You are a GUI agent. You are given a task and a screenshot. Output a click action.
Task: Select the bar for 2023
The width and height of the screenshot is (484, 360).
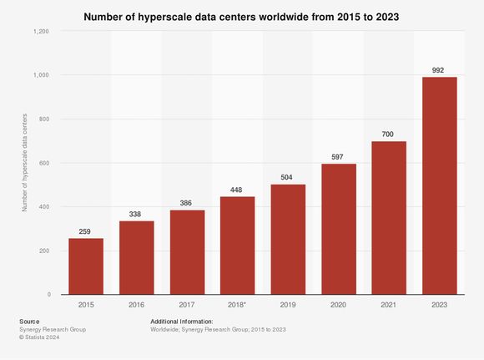point(439,185)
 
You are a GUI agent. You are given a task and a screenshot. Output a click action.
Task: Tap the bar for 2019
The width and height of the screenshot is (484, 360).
point(288,239)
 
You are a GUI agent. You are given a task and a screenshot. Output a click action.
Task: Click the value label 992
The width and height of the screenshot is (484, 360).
point(439,69)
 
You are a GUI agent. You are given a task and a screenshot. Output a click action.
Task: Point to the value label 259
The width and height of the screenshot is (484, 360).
point(86,231)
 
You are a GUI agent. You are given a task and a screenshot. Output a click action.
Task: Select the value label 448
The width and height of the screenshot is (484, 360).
point(238,189)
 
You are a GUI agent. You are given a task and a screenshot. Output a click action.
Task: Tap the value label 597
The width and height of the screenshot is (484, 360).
point(338,156)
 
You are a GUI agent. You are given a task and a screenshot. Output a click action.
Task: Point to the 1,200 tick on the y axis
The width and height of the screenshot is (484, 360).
point(41,31)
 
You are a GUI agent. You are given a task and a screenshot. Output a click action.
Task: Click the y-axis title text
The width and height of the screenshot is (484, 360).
point(23,163)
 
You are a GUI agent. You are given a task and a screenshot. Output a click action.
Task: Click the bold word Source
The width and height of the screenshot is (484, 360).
point(28,322)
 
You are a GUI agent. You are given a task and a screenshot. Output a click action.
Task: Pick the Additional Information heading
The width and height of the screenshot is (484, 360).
point(182,322)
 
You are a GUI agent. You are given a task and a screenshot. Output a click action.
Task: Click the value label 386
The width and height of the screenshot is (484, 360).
point(187,202)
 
